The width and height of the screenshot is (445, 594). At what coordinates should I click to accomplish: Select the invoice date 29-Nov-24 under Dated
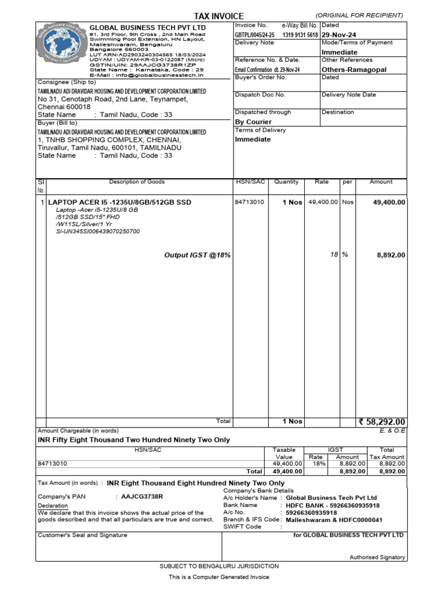(339, 35)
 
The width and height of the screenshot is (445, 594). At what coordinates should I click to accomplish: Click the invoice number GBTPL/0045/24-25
(255, 35)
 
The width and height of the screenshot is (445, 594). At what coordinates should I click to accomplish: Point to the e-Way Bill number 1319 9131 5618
(300, 35)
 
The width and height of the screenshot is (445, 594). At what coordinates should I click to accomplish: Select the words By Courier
(253, 122)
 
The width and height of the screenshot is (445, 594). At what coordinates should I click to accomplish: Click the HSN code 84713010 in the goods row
(249, 202)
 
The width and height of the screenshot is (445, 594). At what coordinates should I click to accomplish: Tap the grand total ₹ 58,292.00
(382, 422)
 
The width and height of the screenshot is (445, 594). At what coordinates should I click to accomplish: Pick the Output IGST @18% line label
(198, 255)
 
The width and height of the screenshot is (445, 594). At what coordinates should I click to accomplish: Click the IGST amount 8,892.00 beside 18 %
(391, 255)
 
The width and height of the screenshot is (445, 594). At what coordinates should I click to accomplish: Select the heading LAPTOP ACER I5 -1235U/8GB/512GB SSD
(119, 202)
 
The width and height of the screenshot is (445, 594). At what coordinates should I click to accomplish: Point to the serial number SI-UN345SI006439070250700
(97, 231)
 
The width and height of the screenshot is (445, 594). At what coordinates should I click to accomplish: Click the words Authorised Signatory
(377, 557)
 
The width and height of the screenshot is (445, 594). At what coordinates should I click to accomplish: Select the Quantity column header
(286, 182)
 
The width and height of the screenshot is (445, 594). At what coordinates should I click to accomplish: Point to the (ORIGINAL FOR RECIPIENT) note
(359, 15)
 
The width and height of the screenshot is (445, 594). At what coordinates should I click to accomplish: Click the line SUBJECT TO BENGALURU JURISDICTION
(219, 566)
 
